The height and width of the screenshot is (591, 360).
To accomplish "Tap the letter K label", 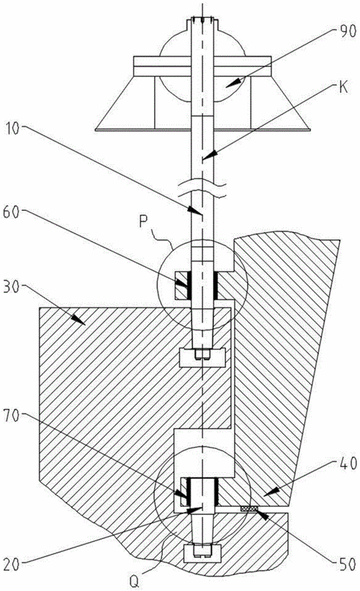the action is pos(343,87).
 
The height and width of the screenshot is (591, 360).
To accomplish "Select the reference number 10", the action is pos(13,129).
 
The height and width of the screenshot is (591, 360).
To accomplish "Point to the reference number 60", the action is pos(12,212).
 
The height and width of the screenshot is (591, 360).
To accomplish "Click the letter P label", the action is pos(143,222).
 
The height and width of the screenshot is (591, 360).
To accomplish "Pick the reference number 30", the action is pos(12,287).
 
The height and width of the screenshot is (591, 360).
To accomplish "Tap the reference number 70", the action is pos(12,416).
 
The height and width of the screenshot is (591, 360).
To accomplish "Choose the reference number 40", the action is pos(346,464).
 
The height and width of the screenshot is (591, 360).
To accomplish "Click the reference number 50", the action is pos(346,564).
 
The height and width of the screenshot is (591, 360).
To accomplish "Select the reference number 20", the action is pos(12,564).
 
